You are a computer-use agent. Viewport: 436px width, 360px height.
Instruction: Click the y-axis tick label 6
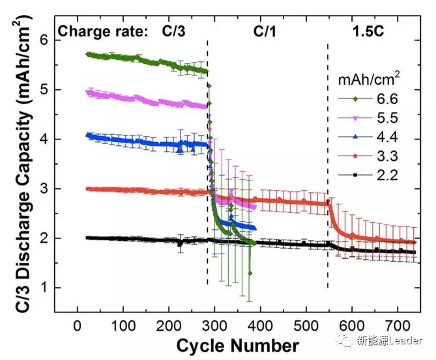click(44, 40)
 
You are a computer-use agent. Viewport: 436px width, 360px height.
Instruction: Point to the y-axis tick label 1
click(44, 288)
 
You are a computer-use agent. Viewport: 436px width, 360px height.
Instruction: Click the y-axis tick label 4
click(44, 139)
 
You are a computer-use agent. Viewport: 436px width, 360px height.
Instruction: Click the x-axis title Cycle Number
click(237, 345)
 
